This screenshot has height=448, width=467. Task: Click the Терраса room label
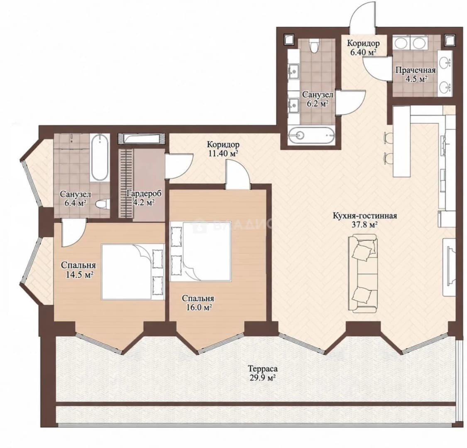tap(263, 369)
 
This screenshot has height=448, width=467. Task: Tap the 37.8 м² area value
tap(365, 224)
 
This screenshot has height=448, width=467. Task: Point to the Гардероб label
tap(144, 194)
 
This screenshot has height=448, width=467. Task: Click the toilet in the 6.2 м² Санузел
tap(314, 46)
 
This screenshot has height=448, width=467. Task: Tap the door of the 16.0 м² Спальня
tap(237, 174)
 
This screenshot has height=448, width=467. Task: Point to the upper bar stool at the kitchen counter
tap(387, 137)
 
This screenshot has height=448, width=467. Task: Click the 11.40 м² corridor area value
tap(223, 153)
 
